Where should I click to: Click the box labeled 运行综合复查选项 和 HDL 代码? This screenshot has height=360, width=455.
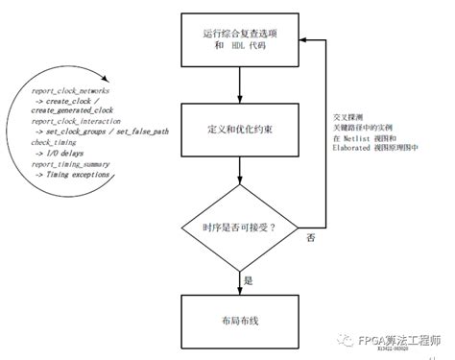point(240,40)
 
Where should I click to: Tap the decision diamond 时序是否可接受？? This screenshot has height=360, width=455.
point(240,227)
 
